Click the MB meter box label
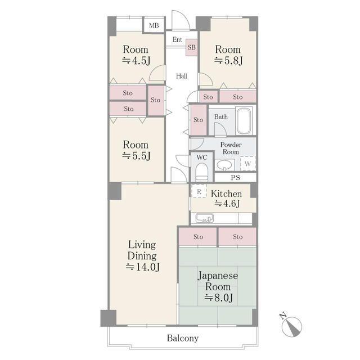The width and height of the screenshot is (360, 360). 154,25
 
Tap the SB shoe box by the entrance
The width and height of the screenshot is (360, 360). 191,47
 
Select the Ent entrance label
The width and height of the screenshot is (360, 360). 177,39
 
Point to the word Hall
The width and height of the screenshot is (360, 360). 181,76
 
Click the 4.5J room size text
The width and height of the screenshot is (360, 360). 136,61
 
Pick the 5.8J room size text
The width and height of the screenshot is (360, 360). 228,61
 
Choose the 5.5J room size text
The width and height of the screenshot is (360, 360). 136,156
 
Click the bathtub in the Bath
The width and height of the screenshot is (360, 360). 244,121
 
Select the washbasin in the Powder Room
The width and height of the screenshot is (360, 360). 224,165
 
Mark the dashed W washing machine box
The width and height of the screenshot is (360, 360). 247,164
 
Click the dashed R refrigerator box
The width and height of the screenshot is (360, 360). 199,191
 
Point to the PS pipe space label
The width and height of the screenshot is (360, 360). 235,178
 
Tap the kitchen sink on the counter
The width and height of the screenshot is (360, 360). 205,218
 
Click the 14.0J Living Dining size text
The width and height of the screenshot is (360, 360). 142,267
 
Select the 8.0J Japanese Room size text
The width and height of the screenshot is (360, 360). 219,298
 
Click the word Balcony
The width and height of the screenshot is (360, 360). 183,338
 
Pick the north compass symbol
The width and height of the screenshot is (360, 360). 292,326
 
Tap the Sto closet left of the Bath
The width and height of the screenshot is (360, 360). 199,120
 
